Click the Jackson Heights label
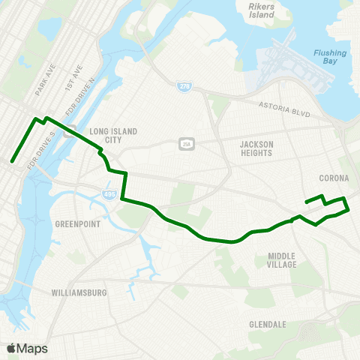pyautogui.click(x=257, y=148)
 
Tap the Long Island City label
pyautogui.click(x=113, y=136)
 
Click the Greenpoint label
pyautogui.click(x=77, y=224)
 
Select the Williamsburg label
pyautogui.click(x=79, y=292)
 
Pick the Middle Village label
pyautogui.click(x=282, y=260)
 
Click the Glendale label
pyautogui.click(x=268, y=324)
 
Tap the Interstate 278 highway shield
pyautogui.click(x=184, y=88)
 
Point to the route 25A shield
pyautogui.click(x=185, y=143)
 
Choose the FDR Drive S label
pyautogui.click(x=38, y=152)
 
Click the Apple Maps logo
pyautogui.click(x=27, y=348)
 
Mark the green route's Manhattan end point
pyautogui.click(x=12, y=160)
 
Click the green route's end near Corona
pyautogui.click(x=305, y=201)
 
